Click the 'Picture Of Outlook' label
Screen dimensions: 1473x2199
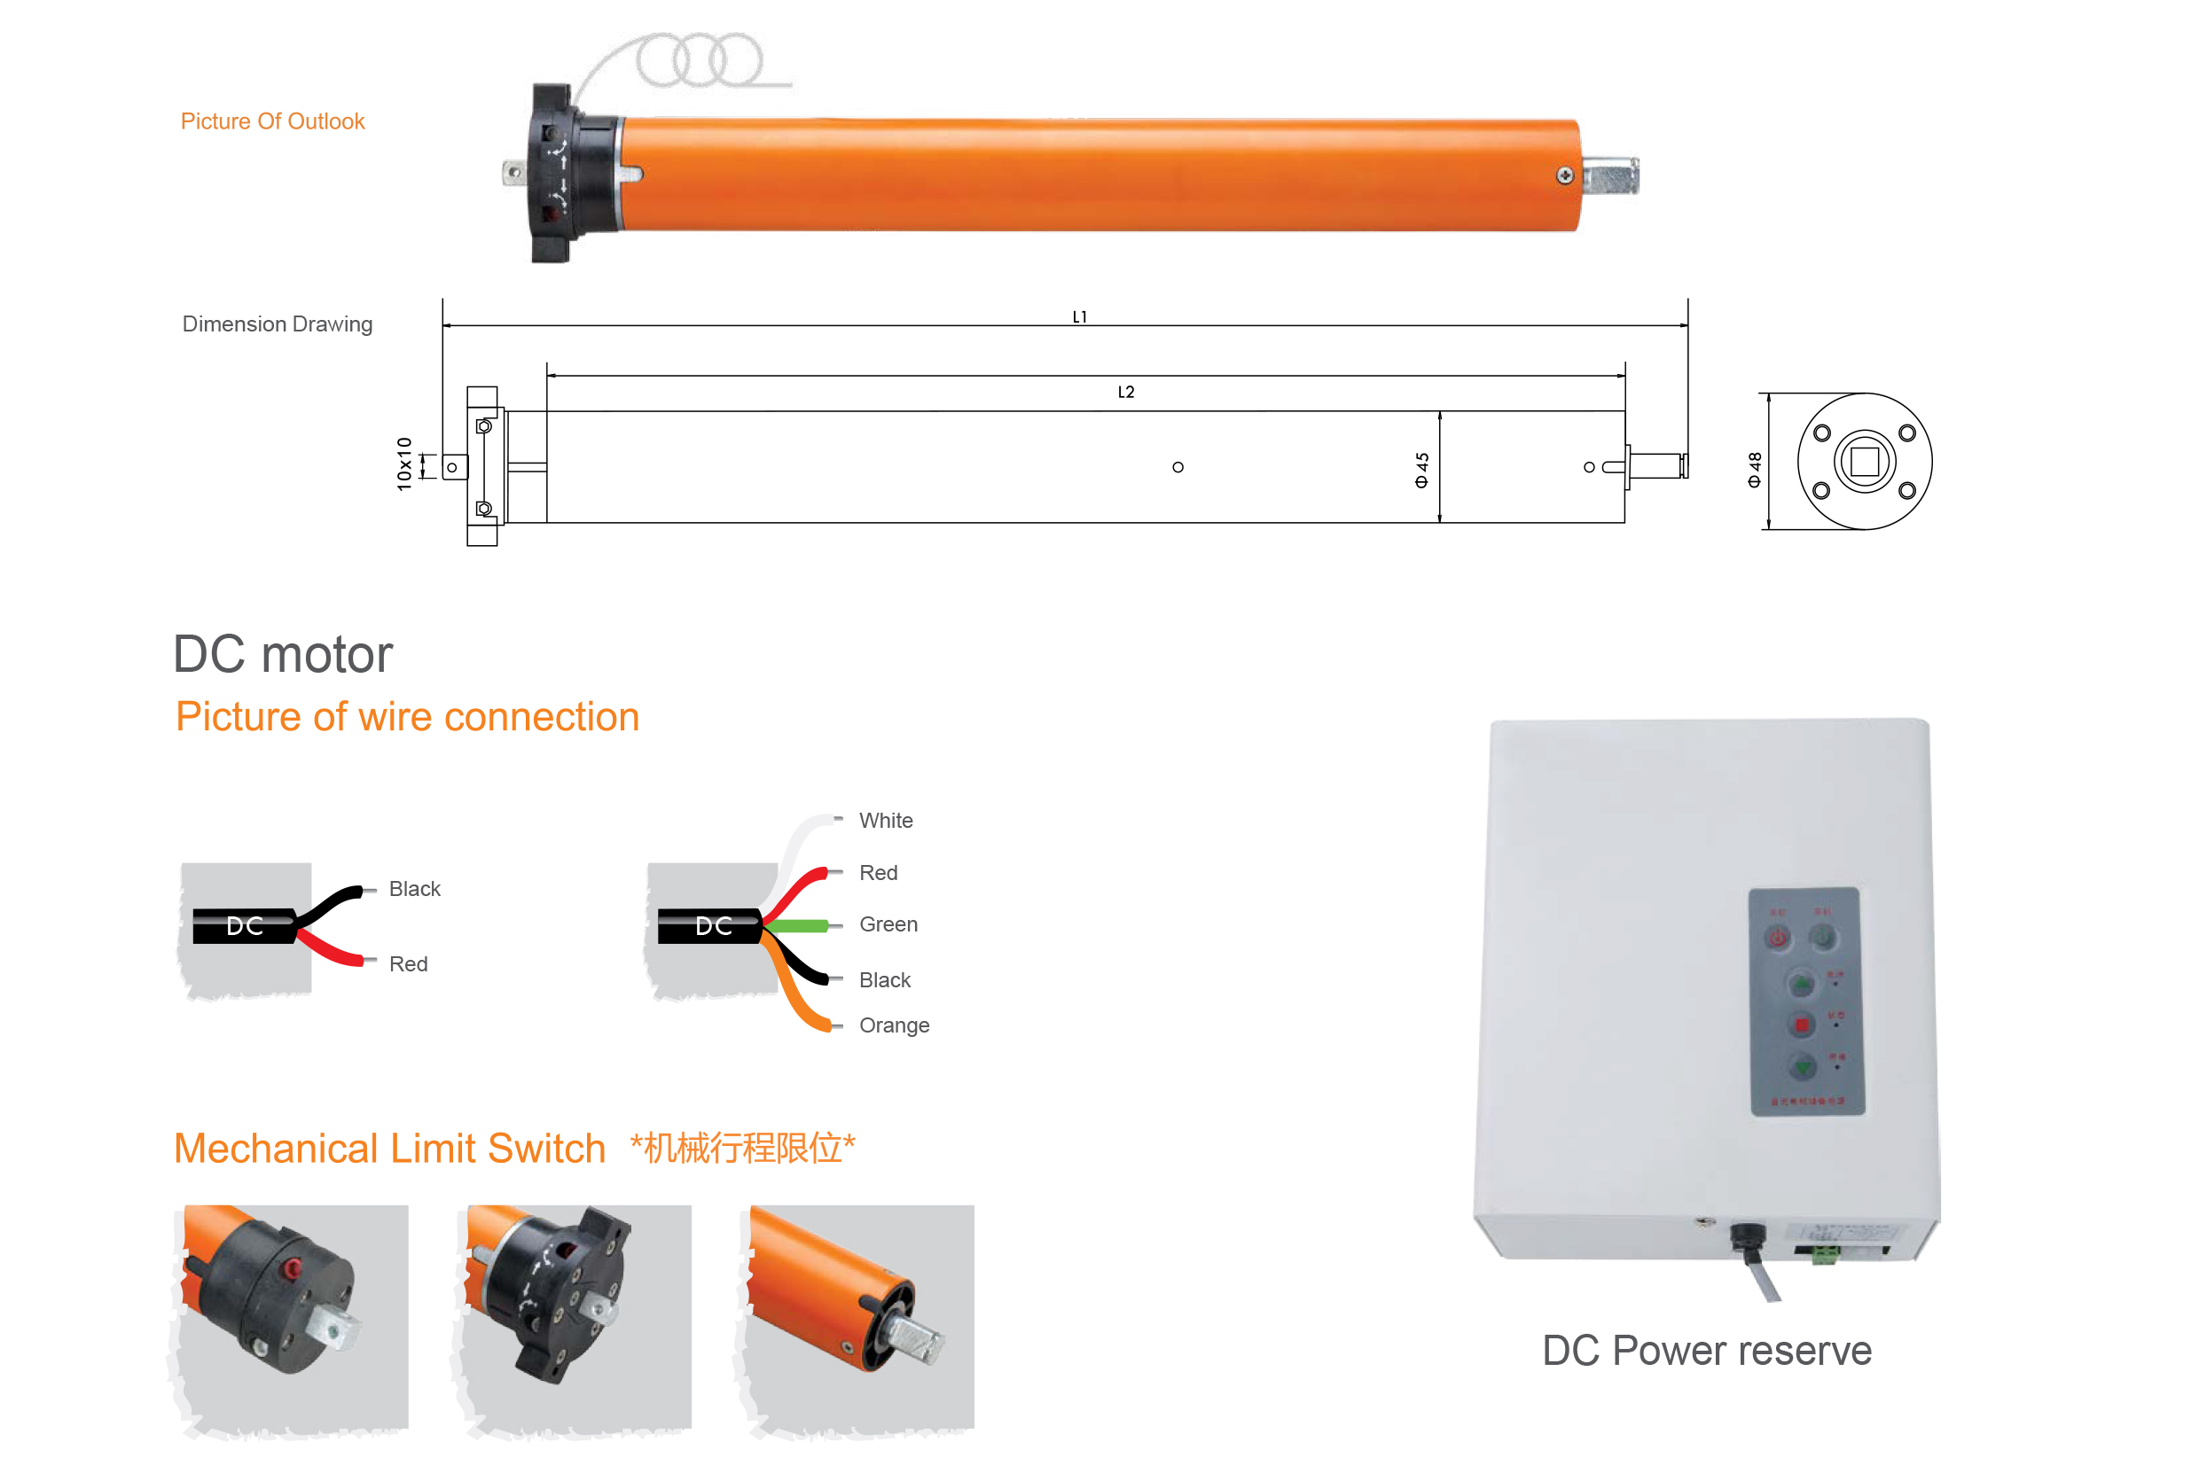272,121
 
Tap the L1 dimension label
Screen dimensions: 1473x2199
1080,316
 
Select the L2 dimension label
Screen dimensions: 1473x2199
1126,392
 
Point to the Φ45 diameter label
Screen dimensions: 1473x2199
1422,470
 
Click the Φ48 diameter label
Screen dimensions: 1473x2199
1755,470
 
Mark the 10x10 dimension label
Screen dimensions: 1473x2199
404,464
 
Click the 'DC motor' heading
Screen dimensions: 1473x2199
283,654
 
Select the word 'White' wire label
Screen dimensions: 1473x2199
885,820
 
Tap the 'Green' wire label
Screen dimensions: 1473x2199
888,924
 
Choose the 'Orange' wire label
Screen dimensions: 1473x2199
894,1025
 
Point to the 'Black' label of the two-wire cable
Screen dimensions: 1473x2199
414,889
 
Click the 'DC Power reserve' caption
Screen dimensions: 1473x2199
1707,1350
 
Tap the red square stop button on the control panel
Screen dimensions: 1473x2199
1802,1024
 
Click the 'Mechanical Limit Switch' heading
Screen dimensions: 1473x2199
390,1148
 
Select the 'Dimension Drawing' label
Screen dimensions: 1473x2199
278,324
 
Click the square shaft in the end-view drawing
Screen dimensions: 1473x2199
1865,461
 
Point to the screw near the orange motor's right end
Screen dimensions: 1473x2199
1565,175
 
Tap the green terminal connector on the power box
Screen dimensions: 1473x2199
1824,1255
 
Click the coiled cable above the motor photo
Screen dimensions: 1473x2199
700,60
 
